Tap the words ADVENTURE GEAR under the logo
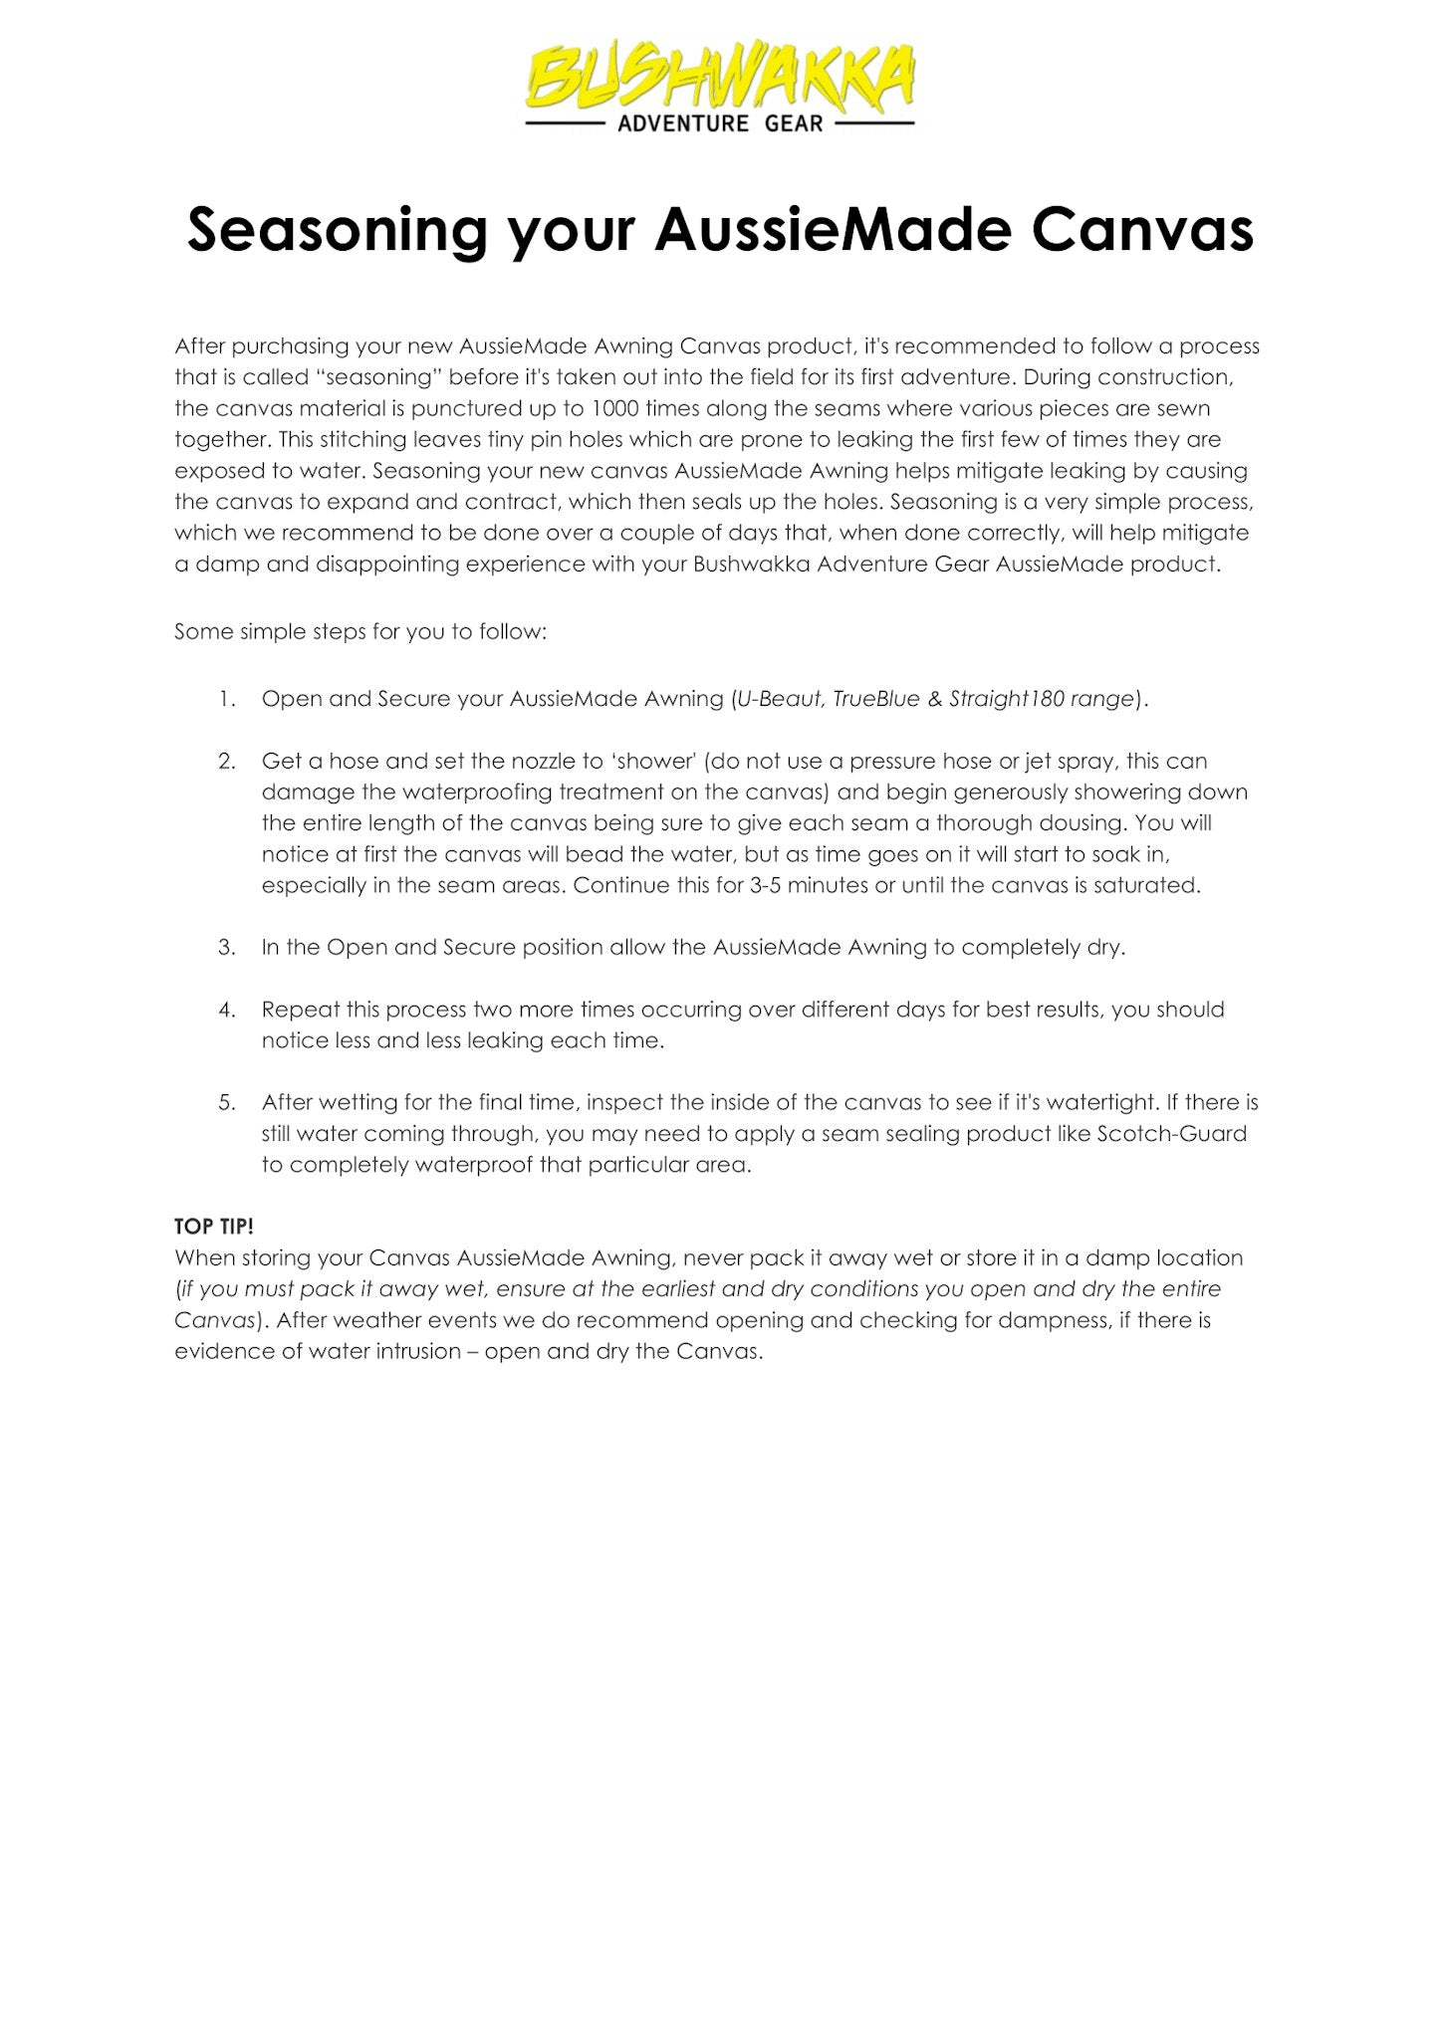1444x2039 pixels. tap(720, 123)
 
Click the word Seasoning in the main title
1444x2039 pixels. tap(337, 231)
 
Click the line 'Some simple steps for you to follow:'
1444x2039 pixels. tap(361, 632)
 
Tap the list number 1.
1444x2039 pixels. tap(227, 699)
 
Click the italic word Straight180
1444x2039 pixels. tap(1006, 699)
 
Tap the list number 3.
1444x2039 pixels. tap(227, 947)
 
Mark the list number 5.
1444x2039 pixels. tap(227, 1102)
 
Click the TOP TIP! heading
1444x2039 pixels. tap(214, 1226)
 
